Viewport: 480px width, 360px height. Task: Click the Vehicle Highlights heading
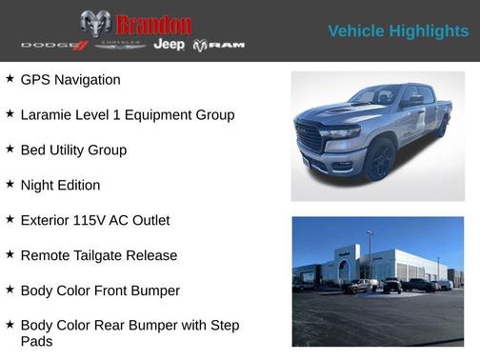click(x=398, y=31)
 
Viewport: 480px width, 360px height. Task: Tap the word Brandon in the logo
click(x=152, y=25)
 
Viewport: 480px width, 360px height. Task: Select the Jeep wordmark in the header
click(x=170, y=46)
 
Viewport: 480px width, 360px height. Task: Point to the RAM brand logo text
click(x=226, y=46)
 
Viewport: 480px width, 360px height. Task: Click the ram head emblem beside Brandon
click(x=95, y=24)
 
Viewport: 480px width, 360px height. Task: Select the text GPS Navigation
click(x=70, y=80)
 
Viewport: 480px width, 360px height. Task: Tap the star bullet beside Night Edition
click(x=10, y=184)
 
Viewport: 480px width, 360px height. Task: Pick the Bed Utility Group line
click(x=73, y=150)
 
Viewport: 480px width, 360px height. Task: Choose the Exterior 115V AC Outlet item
click(x=94, y=220)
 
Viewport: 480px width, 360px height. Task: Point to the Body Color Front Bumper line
click(x=100, y=290)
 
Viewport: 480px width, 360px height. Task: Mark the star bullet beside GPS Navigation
click(x=10, y=79)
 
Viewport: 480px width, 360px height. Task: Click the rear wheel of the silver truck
click(x=441, y=125)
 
